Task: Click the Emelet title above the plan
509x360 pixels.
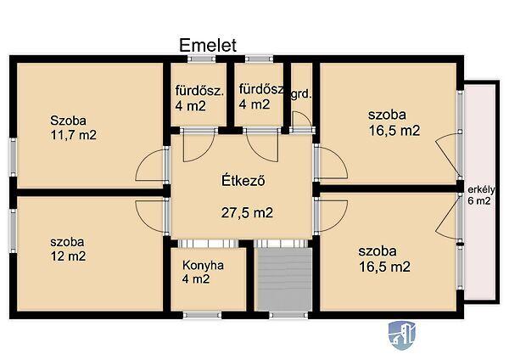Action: [x=208, y=46]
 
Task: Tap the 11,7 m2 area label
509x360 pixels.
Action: [x=73, y=135]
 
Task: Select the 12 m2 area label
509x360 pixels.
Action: [x=68, y=256]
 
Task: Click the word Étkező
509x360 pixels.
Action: [x=243, y=181]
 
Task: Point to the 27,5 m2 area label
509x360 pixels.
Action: [x=247, y=213]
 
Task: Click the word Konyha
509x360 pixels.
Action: [x=203, y=266]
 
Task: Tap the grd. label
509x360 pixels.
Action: [x=301, y=95]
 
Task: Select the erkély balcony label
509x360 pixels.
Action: [x=481, y=189]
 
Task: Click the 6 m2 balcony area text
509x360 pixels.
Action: [x=478, y=200]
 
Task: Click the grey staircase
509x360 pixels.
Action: [x=283, y=279]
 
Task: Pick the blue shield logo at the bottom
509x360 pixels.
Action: [x=402, y=335]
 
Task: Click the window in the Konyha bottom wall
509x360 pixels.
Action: [x=202, y=315]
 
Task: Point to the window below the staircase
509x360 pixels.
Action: [x=288, y=315]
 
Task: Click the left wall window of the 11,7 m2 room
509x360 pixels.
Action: [x=13, y=158]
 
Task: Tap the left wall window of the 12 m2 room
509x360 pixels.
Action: [x=13, y=231]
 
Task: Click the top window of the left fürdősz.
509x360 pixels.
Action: [x=202, y=59]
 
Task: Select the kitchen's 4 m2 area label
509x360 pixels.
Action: [x=196, y=279]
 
